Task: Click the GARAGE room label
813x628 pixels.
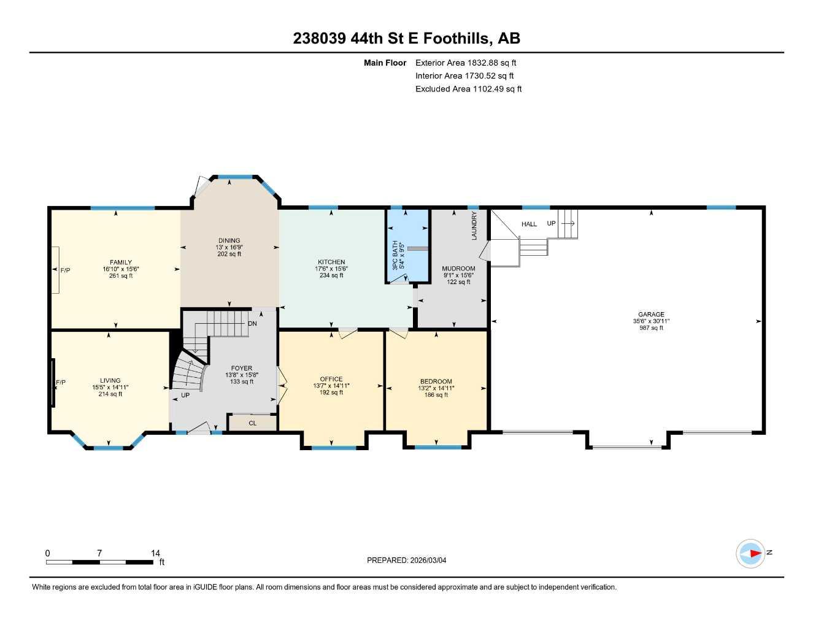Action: [x=651, y=315]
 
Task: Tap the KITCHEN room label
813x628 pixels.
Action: [x=331, y=262]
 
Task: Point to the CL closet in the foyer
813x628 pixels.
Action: [x=252, y=423]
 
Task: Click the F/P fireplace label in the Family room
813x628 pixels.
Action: [x=65, y=270]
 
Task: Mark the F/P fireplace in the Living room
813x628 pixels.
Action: [x=60, y=383]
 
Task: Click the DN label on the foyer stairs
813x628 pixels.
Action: [x=252, y=324]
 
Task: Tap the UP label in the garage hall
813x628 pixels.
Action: [x=551, y=224]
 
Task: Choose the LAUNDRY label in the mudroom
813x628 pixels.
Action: [x=474, y=226]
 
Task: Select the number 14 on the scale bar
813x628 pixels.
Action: [x=155, y=553]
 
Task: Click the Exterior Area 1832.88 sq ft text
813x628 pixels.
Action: [x=466, y=63]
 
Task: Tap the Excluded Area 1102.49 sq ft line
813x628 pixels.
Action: [x=468, y=89]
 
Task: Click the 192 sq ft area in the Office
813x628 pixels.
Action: [x=331, y=392]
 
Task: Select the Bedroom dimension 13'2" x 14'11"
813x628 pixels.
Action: [x=436, y=388]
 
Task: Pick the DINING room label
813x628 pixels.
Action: [x=229, y=240]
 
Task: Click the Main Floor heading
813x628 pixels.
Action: [x=385, y=63]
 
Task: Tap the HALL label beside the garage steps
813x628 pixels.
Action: [x=529, y=224]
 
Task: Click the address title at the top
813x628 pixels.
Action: [x=406, y=39]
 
